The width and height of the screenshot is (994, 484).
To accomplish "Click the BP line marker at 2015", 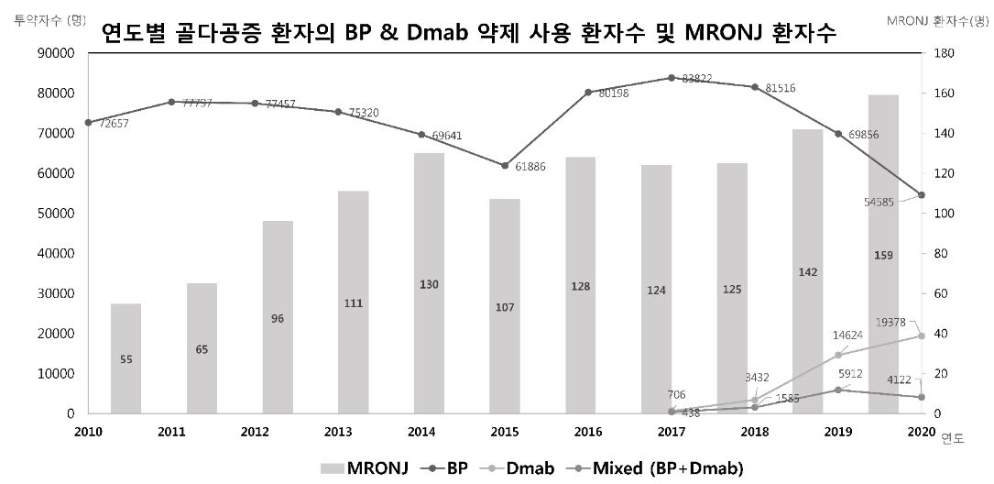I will pos(505,166).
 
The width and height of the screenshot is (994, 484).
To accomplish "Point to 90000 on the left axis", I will pos(57,53).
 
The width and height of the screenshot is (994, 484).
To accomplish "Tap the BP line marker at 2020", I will pos(922,195).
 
